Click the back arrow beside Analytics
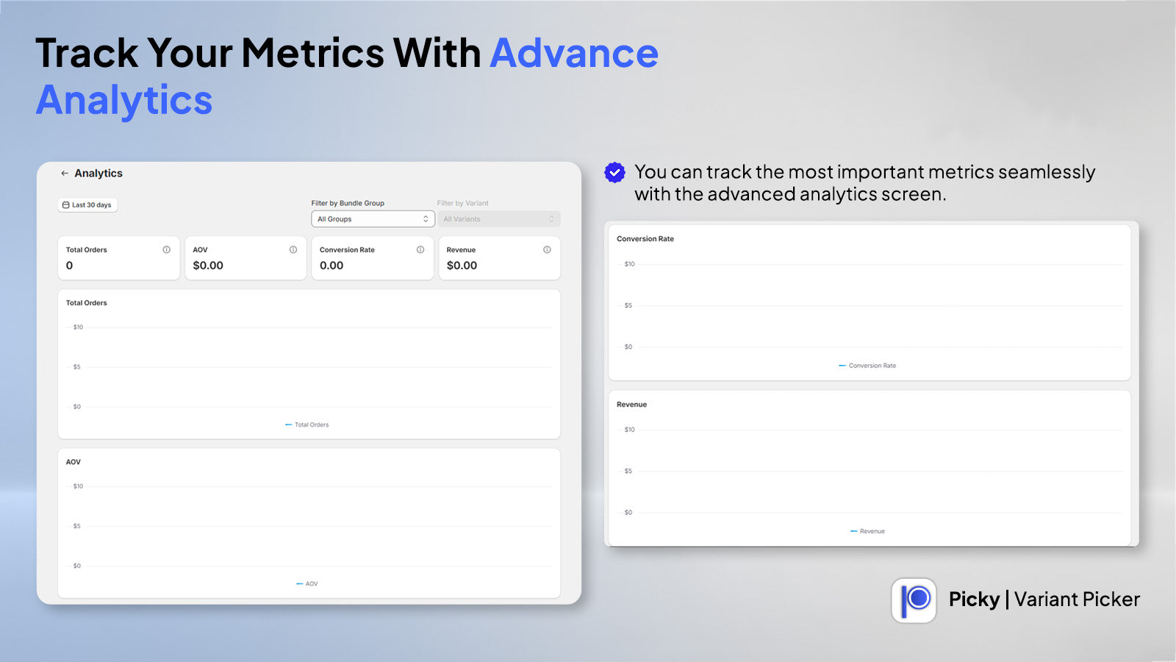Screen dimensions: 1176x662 pyautogui.click(x=65, y=174)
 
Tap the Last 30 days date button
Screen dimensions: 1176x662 pyautogui.click(x=87, y=205)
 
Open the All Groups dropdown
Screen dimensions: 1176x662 pyautogui.click(x=373, y=219)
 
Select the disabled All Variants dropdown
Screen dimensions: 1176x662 pyautogui.click(x=498, y=219)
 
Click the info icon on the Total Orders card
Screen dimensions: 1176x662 pyautogui.click(x=166, y=249)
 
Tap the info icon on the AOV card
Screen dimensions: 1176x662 pyautogui.click(x=293, y=249)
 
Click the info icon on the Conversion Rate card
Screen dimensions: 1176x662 pyautogui.click(x=420, y=249)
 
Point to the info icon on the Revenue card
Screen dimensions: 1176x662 pyautogui.click(x=547, y=249)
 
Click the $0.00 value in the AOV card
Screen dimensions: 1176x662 pyautogui.click(x=208, y=266)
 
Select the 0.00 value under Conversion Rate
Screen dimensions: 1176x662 pyautogui.click(x=331, y=266)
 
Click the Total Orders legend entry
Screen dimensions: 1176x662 pyautogui.click(x=306, y=424)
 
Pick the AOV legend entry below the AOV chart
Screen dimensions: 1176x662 pyautogui.click(x=307, y=584)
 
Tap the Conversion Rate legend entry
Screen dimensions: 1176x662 pyautogui.click(x=867, y=366)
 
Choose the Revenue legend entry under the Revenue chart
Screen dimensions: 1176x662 pyautogui.click(x=867, y=531)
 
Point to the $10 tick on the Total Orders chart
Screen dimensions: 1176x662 pyautogui.click(x=78, y=327)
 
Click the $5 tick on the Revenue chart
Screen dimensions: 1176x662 pyautogui.click(x=628, y=471)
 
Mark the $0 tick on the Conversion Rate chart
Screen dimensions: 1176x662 pyautogui.click(x=628, y=346)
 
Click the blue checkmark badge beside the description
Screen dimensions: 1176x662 pyautogui.click(x=614, y=172)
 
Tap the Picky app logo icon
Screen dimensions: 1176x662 pyautogui.click(x=914, y=600)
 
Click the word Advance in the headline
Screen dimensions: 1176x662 pyautogui.click(x=574, y=53)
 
